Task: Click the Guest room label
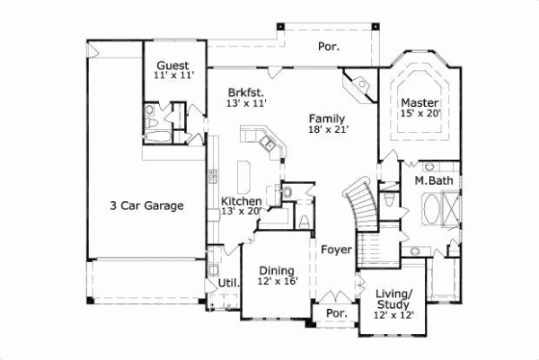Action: click(x=172, y=66)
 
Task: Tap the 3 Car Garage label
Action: click(x=141, y=206)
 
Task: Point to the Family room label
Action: click(x=327, y=118)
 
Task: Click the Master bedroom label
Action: click(x=419, y=101)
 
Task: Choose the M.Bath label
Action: click(x=435, y=181)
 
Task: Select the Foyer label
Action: click(x=335, y=250)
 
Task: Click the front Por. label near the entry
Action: click(x=336, y=314)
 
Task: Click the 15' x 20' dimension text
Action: click(x=419, y=113)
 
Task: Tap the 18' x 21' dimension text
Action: click(x=327, y=129)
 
